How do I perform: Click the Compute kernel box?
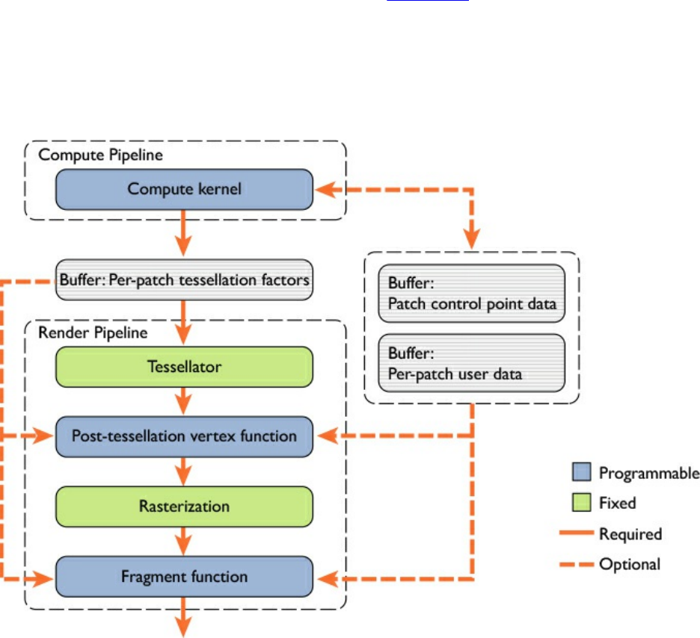184,189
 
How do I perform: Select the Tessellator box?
184,366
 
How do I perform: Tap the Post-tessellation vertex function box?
184,436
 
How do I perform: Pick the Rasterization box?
184,507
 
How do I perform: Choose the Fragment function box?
184,577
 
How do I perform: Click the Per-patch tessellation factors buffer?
184,280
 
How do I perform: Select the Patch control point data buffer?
471,295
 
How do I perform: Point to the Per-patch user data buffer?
471,362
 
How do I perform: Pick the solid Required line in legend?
577,534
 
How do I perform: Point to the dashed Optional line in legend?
577,565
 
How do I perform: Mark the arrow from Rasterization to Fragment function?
184,542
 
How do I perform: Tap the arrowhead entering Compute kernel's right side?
323,189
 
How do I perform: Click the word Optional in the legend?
630,565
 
